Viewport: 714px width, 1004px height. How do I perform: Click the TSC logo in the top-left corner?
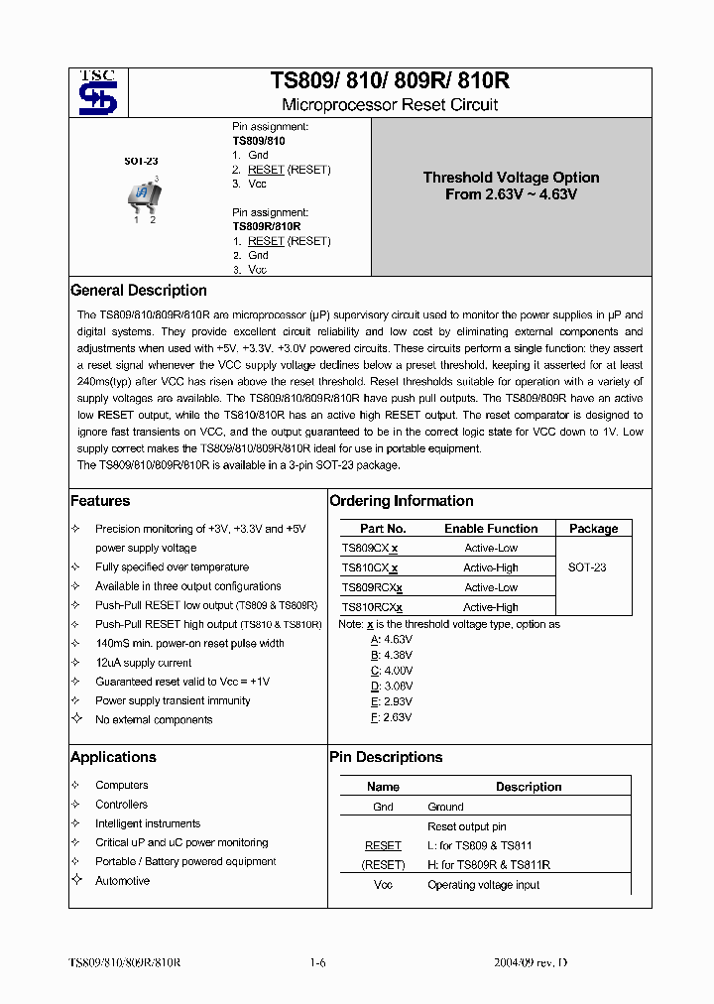[98, 92]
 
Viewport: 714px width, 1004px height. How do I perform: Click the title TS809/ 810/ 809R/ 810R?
[390, 81]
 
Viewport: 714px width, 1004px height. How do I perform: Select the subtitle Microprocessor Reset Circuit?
[390, 105]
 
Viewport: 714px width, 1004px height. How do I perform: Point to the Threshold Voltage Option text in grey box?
[511, 186]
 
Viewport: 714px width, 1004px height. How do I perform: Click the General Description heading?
[139, 291]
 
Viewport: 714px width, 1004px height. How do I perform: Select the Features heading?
[100, 501]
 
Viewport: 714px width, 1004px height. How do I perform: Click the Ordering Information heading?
[402, 501]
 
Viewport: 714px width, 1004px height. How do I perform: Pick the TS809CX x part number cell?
[370, 548]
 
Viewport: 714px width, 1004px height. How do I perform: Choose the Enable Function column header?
[491, 529]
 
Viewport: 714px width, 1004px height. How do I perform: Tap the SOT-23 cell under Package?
[587, 567]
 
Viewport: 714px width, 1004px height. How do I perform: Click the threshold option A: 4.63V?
[391, 640]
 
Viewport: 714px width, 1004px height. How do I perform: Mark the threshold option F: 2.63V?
[391, 716]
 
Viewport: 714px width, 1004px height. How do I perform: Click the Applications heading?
[113, 757]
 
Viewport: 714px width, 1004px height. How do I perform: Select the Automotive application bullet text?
[122, 881]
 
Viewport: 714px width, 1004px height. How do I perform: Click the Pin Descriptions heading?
[386, 757]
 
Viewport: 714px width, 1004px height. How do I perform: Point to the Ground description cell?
[445, 807]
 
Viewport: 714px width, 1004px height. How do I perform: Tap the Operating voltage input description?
[483, 885]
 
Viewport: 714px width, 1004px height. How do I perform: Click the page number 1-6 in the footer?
[317, 962]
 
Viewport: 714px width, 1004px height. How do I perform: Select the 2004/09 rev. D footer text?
[531, 962]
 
